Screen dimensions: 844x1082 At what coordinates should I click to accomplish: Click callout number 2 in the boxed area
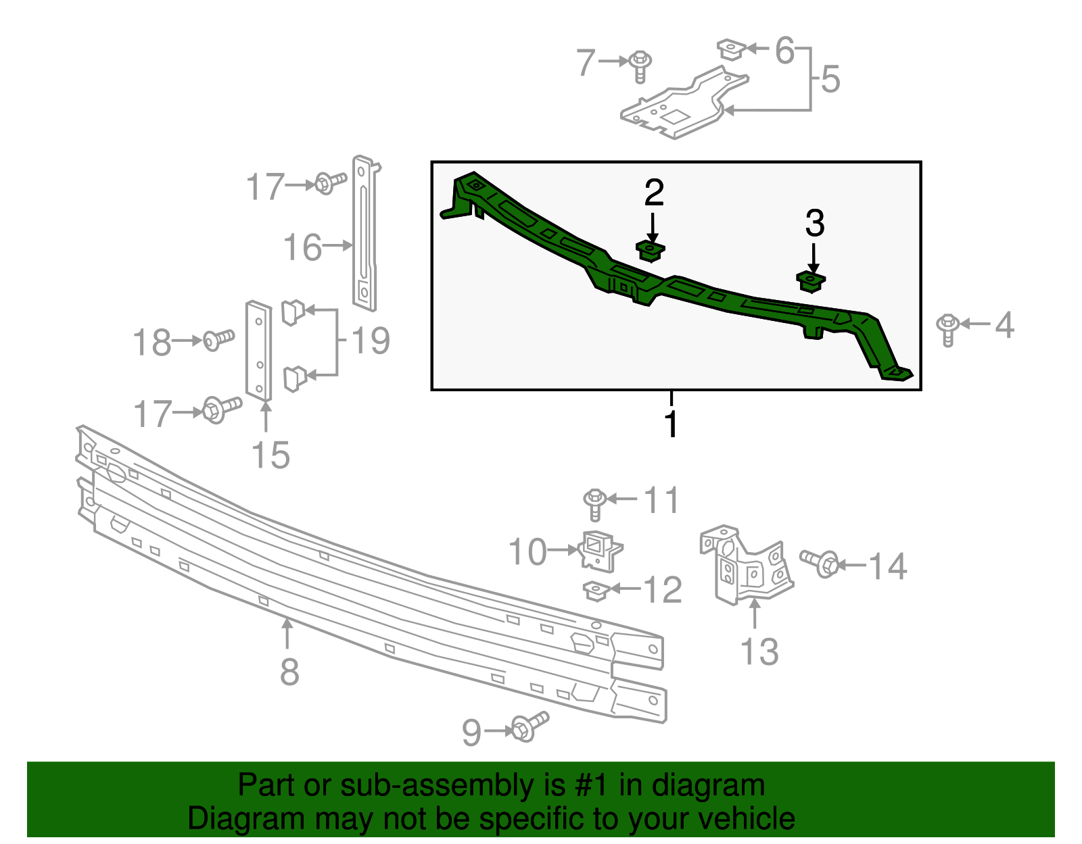coord(653,193)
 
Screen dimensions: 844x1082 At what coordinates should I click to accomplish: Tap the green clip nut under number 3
coord(811,280)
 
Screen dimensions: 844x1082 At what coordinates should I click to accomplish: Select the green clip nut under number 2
coord(651,251)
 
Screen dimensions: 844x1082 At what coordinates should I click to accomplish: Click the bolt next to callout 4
coord(947,328)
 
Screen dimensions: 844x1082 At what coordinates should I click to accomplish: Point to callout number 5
coord(830,79)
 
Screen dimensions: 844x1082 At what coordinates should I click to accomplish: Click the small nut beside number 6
coord(731,49)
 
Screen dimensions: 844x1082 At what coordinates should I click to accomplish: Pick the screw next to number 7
coord(640,66)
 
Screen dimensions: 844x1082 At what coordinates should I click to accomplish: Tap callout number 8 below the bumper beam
coord(289,672)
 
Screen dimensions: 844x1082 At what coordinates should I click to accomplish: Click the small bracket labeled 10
coord(599,549)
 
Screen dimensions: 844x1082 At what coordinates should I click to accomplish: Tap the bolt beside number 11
coord(595,503)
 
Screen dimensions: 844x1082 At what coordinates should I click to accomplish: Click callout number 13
coord(759,651)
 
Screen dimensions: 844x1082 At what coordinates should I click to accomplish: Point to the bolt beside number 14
coord(820,562)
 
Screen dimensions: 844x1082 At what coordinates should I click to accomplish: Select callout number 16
coord(302,247)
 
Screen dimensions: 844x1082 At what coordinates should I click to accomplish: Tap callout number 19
coord(371,340)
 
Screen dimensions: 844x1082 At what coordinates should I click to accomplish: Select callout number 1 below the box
coord(671,424)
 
